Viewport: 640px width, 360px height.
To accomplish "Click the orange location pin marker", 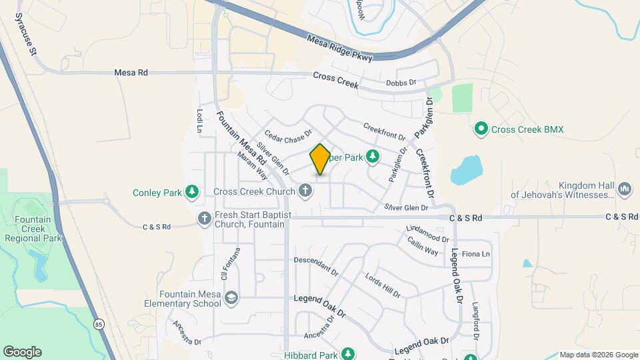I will point(320,159).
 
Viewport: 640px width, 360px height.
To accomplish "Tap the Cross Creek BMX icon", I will point(480,128).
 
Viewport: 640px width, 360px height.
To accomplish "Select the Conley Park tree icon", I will point(192,193).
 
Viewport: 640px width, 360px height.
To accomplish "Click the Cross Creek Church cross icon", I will point(305,192).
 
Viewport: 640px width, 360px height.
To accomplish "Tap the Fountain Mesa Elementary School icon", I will point(231,298).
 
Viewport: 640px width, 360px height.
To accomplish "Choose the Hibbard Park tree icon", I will point(347,353).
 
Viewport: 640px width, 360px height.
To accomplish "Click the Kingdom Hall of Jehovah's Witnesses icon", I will point(625,190).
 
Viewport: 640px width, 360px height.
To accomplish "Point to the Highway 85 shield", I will point(99,325).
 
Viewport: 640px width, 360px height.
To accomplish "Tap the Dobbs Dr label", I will point(401,83).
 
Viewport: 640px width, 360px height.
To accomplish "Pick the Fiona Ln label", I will point(476,254).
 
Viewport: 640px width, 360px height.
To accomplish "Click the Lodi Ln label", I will point(199,121).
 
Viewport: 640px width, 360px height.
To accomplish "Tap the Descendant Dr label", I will point(316,266).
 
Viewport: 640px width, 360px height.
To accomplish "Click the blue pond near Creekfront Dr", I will point(466,171).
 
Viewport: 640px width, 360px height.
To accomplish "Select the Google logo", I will point(22,351).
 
